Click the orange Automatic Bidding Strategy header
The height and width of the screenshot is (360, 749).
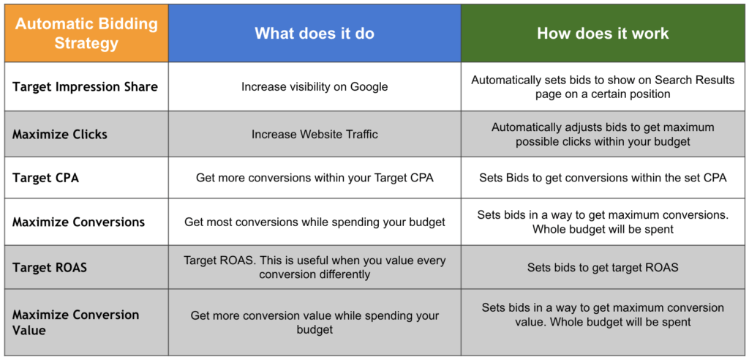click(86, 34)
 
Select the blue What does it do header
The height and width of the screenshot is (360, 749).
click(315, 34)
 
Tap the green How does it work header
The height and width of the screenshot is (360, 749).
click(603, 34)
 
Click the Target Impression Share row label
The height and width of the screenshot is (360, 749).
click(85, 87)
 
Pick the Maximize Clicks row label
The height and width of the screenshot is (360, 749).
click(60, 135)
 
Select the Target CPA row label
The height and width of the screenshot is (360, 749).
click(45, 178)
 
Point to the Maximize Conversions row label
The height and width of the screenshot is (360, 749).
click(78, 222)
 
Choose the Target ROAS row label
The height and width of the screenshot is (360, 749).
click(50, 267)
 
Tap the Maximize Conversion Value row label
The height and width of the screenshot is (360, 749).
click(75, 322)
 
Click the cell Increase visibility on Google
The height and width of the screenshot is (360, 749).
click(315, 87)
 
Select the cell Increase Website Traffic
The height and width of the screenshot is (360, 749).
click(315, 135)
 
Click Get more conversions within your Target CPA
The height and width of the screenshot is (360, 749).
click(315, 178)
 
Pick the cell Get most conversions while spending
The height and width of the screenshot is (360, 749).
click(315, 222)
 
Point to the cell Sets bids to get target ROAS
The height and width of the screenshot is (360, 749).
click(603, 267)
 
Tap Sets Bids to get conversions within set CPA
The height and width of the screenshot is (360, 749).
click(603, 178)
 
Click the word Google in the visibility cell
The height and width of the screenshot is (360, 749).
click(369, 88)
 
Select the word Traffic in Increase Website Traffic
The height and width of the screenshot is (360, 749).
click(358, 135)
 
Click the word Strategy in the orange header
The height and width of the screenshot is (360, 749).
click(86, 43)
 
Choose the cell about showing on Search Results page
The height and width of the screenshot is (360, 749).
click(603, 87)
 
